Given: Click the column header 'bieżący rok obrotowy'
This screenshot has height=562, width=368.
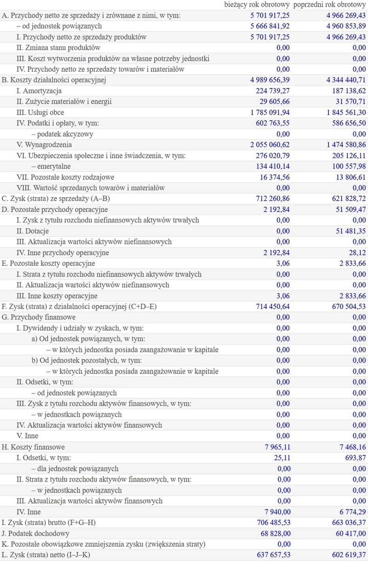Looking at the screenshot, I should (x=257, y=5).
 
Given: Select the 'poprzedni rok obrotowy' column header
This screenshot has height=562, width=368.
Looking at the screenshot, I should (x=329, y=5).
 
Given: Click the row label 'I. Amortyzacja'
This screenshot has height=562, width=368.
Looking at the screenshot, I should (x=39, y=91).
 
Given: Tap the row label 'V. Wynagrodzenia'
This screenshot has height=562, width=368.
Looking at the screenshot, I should (x=44, y=145).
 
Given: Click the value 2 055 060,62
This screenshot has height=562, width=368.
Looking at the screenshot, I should (x=270, y=145).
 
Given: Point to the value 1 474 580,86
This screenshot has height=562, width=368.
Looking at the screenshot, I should (x=346, y=145).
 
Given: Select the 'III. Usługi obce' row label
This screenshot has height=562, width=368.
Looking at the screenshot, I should (x=40, y=112).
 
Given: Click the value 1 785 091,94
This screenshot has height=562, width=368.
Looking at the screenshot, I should (x=270, y=112).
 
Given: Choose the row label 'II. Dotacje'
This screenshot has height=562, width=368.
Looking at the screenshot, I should (x=32, y=231).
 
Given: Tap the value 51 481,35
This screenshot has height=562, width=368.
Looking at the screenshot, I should (x=351, y=231).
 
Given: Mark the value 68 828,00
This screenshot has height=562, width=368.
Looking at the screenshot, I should (x=275, y=534).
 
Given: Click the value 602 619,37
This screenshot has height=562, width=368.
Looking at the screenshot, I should (x=349, y=555).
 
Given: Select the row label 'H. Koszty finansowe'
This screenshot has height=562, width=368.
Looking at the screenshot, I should (x=33, y=447).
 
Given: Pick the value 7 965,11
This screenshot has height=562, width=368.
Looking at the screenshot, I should (x=277, y=447).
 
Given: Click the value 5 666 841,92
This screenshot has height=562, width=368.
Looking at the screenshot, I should (x=270, y=26).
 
